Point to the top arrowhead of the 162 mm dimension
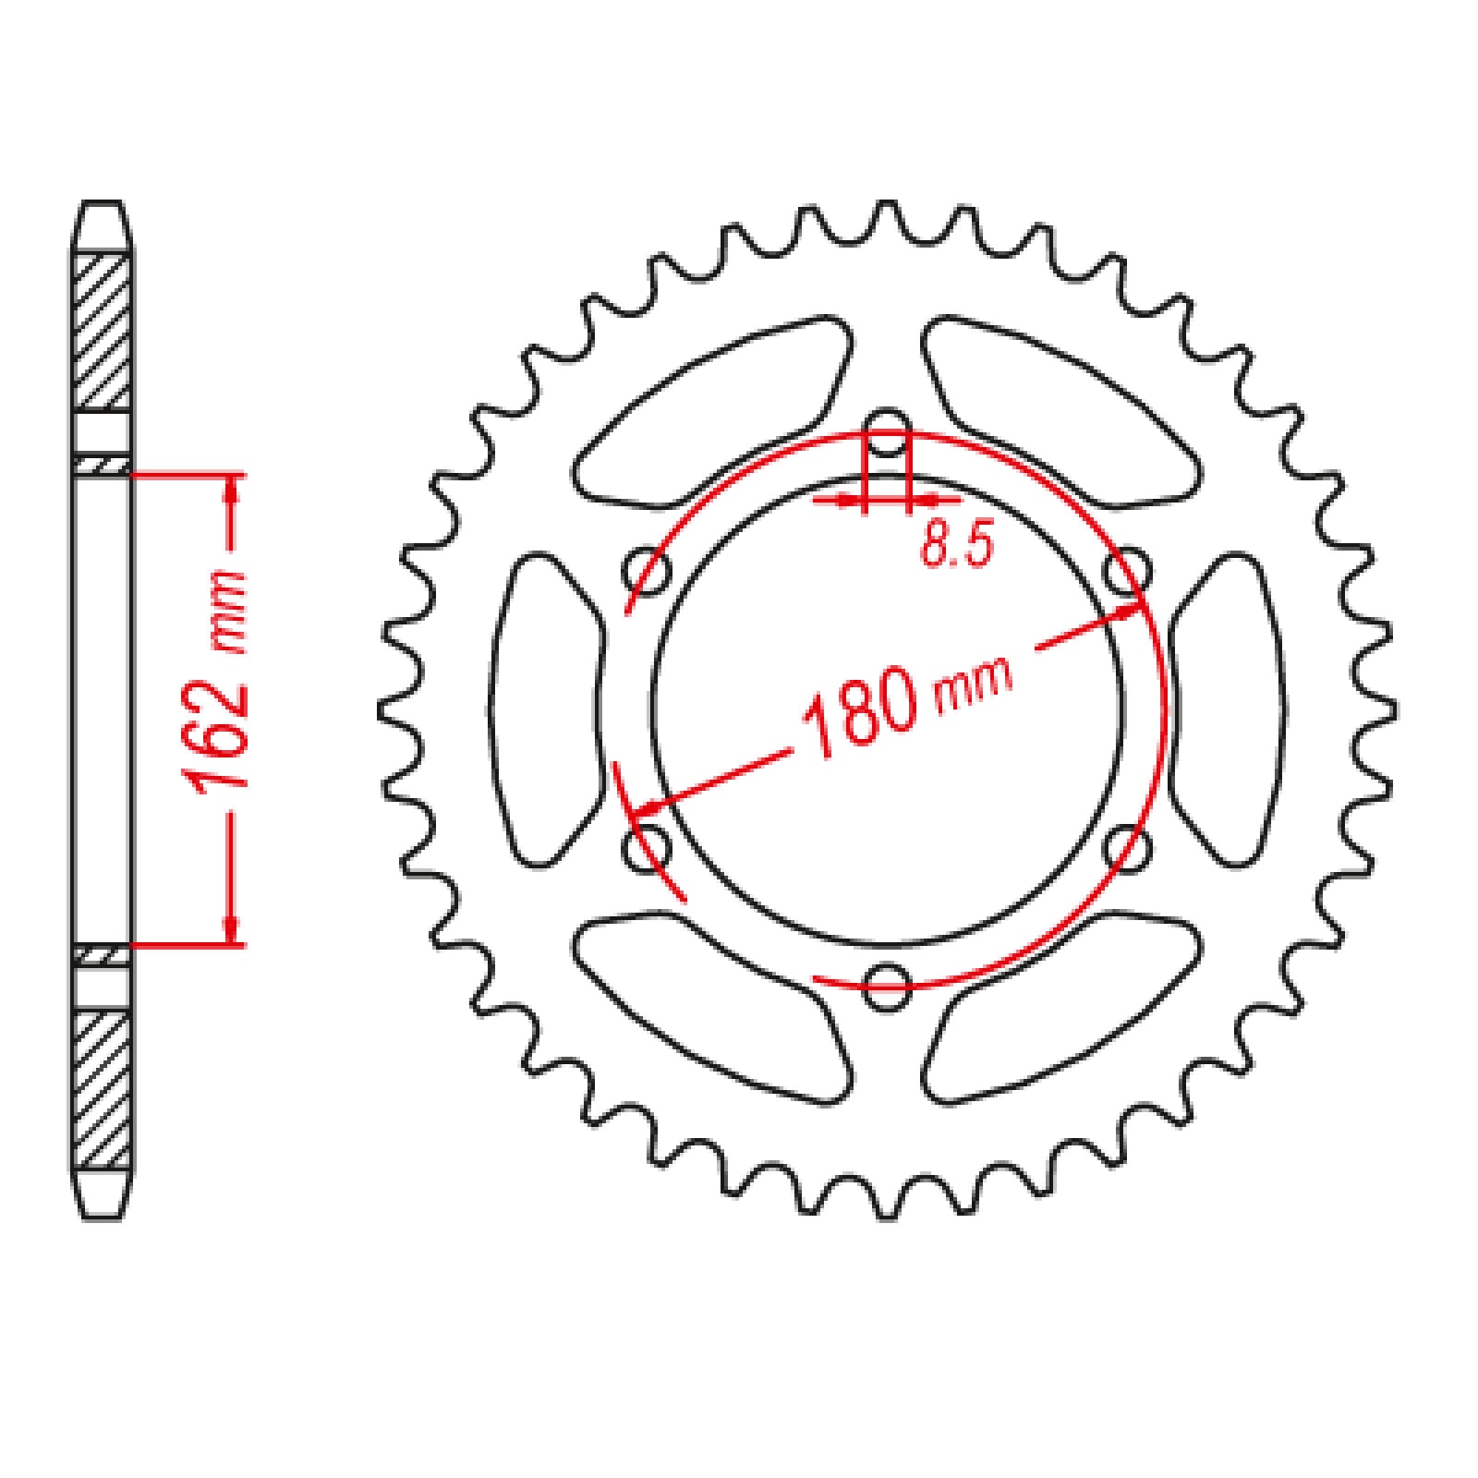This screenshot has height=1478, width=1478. coord(231,491)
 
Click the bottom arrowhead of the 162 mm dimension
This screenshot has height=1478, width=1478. coord(231,929)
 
